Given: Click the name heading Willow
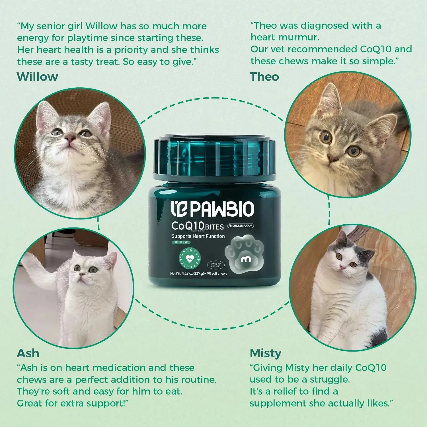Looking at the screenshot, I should pyautogui.click(x=37, y=77).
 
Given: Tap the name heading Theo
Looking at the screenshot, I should pyautogui.click(x=264, y=77).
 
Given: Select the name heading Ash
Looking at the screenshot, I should pyautogui.click(x=28, y=353).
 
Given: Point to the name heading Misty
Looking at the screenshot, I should pyautogui.click(x=265, y=353).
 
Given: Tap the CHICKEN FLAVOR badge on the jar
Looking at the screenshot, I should pyautogui.click(x=241, y=226).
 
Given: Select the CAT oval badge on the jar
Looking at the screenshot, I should pyautogui.click(x=216, y=265).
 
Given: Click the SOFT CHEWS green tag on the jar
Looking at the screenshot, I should pyautogui.click(x=181, y=242).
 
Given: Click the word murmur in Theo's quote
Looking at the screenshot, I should pyautogui.click(x=302, y=37).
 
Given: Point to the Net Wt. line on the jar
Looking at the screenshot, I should pyautogui.click(x=199, y=274).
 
